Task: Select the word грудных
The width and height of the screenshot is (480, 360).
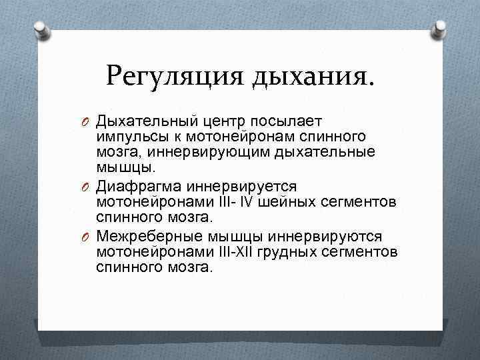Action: [x=301, y=251]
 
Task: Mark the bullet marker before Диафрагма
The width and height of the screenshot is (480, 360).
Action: [x=85, y=185]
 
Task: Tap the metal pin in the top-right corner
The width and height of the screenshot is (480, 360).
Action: [x=440, y=28]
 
